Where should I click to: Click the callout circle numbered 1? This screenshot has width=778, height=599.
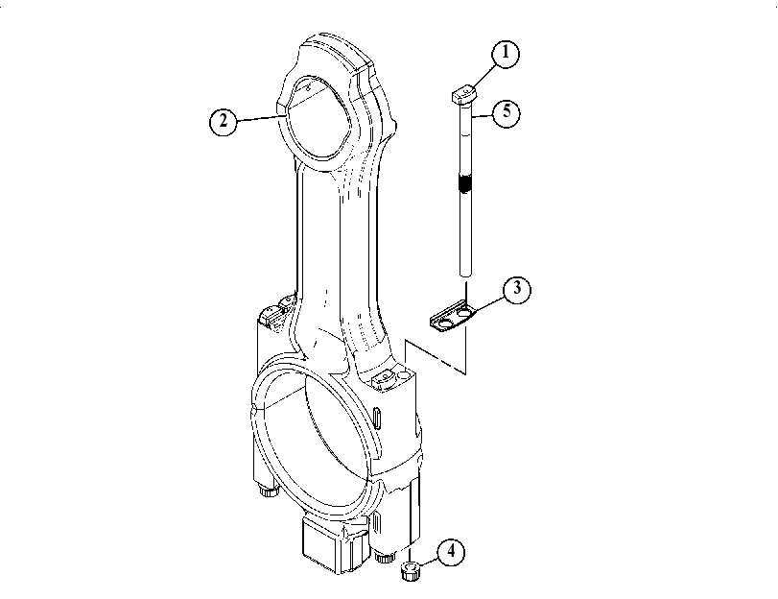click(x=506, y=53)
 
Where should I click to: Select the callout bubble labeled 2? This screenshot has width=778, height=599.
click(x=224, y=121)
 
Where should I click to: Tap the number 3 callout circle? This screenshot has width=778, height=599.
click(x=516, y=289)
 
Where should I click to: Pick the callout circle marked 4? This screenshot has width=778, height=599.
click(x=451, y=551)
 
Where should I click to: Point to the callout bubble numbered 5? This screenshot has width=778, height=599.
click(x=507, y=112)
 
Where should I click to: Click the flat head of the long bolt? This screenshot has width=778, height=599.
click(x=464, y=94)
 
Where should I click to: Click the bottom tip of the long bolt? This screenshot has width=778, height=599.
click(x=465, y=275)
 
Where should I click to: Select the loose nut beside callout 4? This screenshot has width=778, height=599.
click(x=411, y=571)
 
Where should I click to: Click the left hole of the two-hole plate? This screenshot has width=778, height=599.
click(x=444, y=323)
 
